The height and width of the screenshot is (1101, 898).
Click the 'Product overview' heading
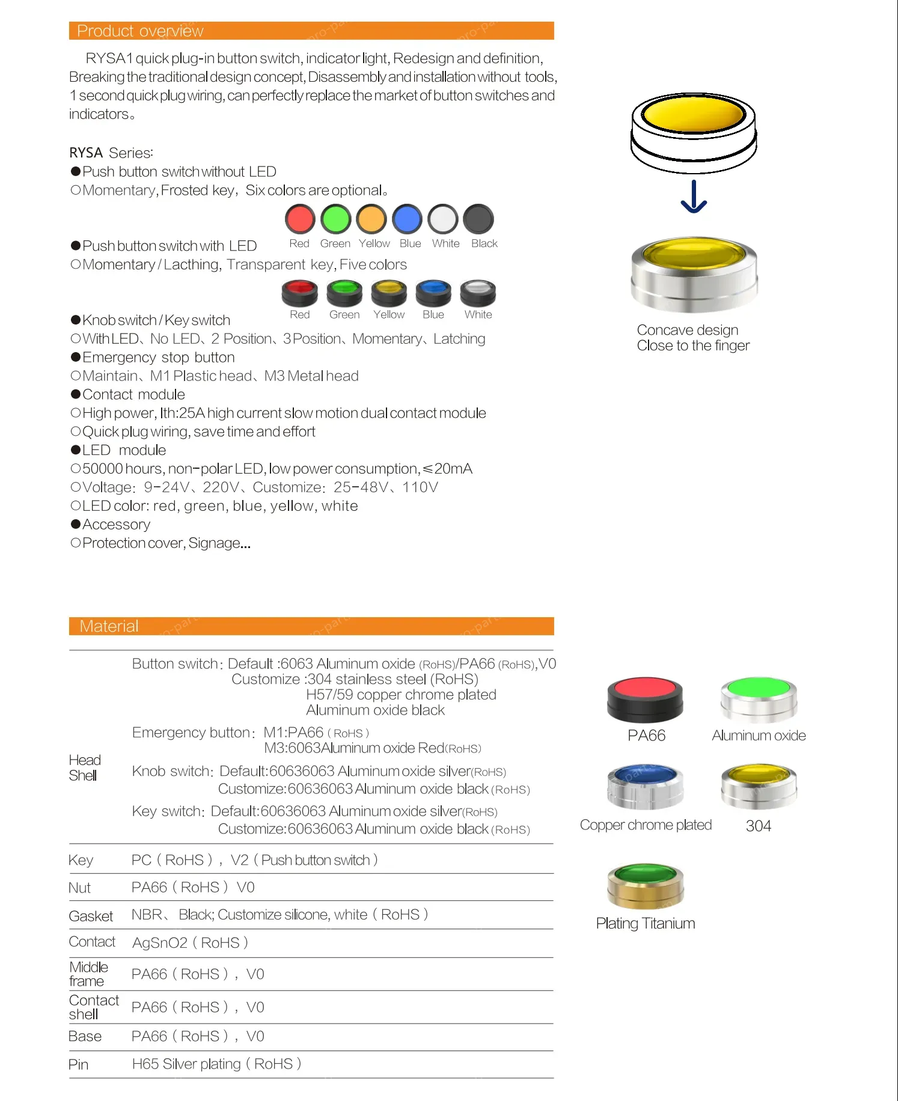tap(140, 31)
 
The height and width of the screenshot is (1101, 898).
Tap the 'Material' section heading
tap(109, 626)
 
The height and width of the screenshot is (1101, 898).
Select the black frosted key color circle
tap(478, 219)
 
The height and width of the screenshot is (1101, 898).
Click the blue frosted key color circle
tap(408, 219)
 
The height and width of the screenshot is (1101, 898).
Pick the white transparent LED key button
tap(478, 293)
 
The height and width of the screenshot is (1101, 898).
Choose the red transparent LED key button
tap(299, 293)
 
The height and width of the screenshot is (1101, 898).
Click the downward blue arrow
tap(694, 197)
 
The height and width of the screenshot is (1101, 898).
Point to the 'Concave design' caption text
tap(688, 330)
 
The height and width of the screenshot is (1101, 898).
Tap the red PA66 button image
tap(645, 699)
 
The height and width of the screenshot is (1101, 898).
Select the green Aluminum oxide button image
tap(759, 698)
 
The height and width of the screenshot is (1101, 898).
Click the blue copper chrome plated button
tap(645, 786)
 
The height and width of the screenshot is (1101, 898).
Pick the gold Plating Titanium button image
tap(645, 885)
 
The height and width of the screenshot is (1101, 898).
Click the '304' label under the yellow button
tap(758, 826)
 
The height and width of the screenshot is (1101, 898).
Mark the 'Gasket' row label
tap(91, 916)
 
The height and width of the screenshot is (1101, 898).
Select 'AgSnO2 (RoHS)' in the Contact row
tap(190, 943)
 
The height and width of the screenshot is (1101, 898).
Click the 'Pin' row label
tap(79, 1065)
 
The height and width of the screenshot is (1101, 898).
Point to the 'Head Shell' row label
tap(84, 767)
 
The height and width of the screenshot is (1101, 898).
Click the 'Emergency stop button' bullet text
tap(158, 358)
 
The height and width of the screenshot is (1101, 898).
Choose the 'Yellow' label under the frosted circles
tap(374, 243)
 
